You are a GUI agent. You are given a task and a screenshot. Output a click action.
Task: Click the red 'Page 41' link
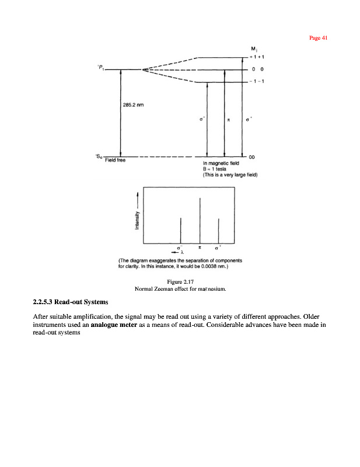319,38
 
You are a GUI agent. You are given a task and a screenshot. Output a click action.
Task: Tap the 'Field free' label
114,161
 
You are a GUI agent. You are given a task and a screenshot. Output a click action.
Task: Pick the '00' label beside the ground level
252,157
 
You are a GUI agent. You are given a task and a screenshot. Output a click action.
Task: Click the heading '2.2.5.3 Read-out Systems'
70,302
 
